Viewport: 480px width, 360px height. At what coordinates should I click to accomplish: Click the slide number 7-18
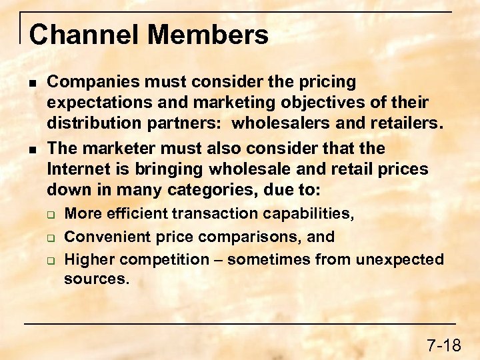pos(443,345)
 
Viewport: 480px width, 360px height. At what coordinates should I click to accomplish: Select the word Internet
pos(79,169)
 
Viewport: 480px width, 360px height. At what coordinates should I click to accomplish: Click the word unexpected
pos(400,259)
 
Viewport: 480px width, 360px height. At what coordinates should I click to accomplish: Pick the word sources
pos(96,279)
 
